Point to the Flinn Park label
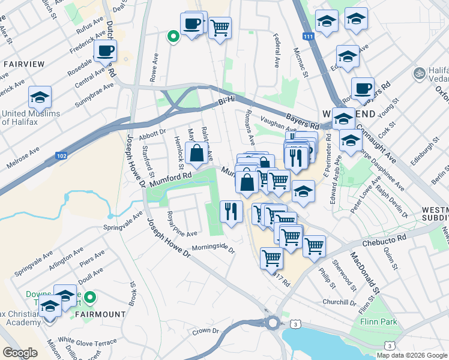click(x=378, y=322)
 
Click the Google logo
click(x=20, y=352)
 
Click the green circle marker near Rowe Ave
click(x=173, y=37)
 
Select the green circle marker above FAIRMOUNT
click(x=89, y=296)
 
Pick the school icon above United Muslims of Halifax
click(x=40, y=97)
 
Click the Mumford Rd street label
click(x=170, y=178)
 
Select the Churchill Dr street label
click(x=340, y=302)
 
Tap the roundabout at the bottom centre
click(x=274, y=323)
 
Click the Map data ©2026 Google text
click(x=412, y=355)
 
